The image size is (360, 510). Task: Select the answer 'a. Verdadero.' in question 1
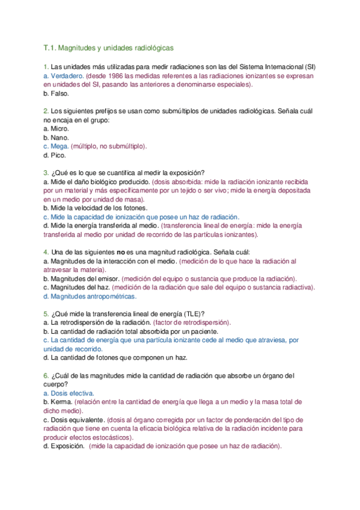pyautogui.click(x=63, y=76)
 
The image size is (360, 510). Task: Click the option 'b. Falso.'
pyautogui.click(x=56, y=94)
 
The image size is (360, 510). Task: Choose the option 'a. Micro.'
pyautogui.click(x=56, y=129)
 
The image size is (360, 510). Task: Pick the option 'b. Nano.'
pyautogui.click(x=56, y=137)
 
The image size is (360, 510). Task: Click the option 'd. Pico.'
pyautogui.click(x=55, y=155)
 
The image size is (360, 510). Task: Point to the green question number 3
pyautogui.click(x=46, y=173)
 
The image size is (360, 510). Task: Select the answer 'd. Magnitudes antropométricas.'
pyautogui.click(x=90, y=296)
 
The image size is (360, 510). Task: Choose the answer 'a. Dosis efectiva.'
pyautogui.click(x=69, y=393)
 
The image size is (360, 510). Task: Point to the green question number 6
pyautogui.click(x=46, y=375)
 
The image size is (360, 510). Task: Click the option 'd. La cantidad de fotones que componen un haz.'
pyautogui.click(x=115, y=357)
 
